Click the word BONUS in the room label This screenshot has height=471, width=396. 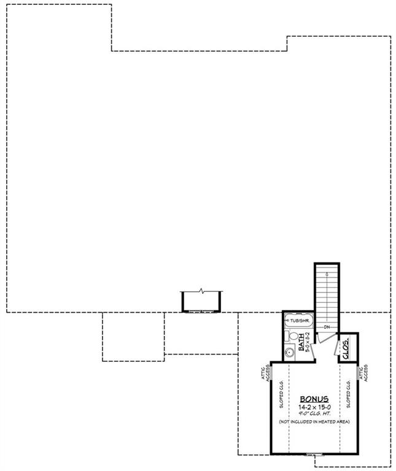click(314, 399)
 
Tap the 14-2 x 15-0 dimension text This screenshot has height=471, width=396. click(314, 406)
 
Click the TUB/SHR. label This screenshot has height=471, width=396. click(298, 321)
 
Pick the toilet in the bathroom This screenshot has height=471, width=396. click(292, 337)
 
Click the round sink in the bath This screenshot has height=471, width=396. click(290, 352)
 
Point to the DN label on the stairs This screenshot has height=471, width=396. click(328, 327)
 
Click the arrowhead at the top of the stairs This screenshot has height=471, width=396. click(328, 272)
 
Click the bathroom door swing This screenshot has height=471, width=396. click(313, 350)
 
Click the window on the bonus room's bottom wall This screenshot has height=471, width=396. click(314, 454)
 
